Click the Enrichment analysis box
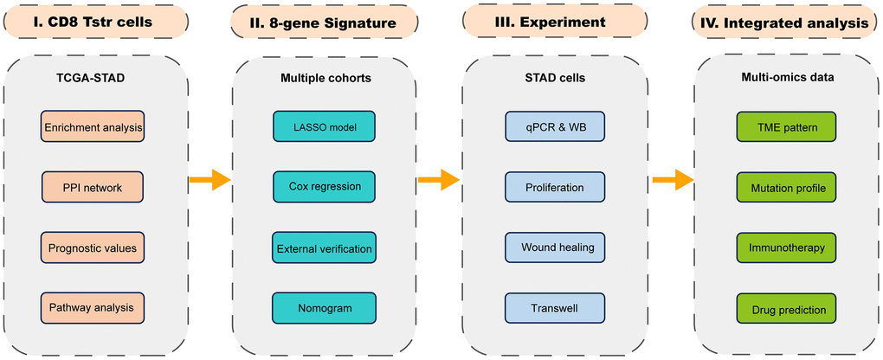point(92,129)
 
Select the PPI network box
point(92,187)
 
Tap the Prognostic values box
point(92,248)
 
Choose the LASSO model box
point(324,127)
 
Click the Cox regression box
point(324,187)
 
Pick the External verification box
point(324,248)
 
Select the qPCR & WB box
point(554,127)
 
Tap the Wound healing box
point(554,247)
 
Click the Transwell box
point(554,307)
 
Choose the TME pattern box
point(786,127)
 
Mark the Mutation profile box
point(786,187)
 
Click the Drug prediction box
point(786,309)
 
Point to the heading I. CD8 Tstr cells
point(93,23)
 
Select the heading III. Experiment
point(554,22)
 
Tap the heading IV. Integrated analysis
point(786,23)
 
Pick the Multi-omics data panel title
point(786,76)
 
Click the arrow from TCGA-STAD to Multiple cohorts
point(209,180)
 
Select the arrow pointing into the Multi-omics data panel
point(673,180)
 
